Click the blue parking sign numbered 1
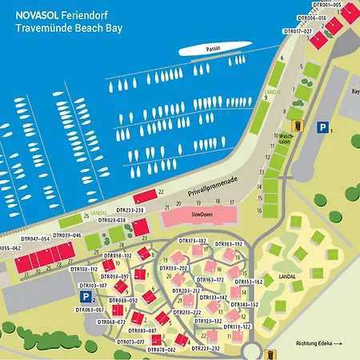[322, 126]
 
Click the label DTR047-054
[34, 238]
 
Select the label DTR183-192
[228, 243]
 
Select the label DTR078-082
[161, 350]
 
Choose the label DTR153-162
[248, 282]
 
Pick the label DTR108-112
[84, 270]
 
